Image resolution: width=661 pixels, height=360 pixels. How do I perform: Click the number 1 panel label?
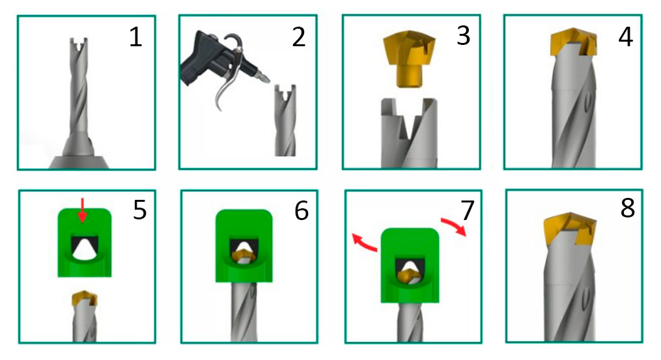[135, 38]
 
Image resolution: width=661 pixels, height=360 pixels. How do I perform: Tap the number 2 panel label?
[298, 38]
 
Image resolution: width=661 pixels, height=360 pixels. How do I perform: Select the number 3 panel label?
[463, 36]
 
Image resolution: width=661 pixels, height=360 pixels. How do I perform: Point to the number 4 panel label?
[626, 36]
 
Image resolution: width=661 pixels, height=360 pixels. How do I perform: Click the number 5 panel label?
[139, 210]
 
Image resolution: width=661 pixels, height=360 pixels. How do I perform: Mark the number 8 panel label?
[628, 208]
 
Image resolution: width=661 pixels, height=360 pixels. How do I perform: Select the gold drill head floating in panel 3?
[410, 59]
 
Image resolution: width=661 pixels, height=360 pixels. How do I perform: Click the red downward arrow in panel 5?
[82, 210]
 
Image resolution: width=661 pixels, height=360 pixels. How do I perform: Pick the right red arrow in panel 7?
[454, 225]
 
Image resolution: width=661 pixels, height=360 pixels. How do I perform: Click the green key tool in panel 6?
[244, 246]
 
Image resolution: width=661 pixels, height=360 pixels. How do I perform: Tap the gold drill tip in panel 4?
[574, 42]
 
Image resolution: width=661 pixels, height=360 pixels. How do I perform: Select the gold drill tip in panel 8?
[569, 230]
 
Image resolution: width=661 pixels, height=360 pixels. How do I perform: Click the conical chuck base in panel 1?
[78, 162]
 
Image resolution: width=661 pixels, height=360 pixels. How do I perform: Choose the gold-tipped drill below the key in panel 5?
[85, 316]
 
